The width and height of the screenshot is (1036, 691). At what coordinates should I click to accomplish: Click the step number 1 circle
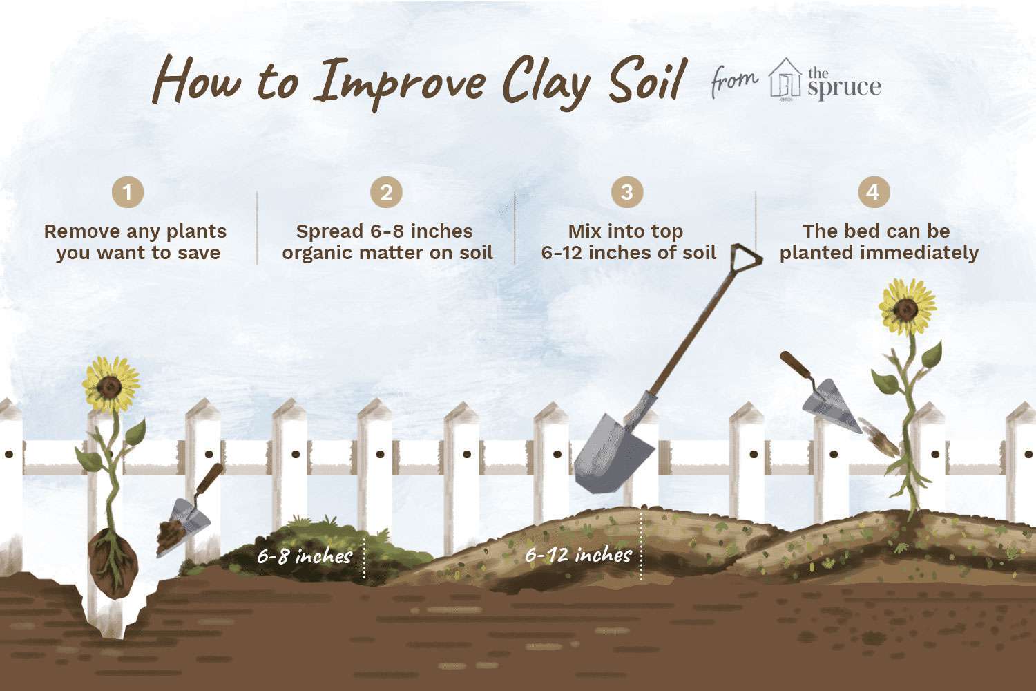(128, 191)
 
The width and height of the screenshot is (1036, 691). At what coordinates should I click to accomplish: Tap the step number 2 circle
(386, 191)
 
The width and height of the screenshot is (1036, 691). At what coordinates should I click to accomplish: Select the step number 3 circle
(627, 191)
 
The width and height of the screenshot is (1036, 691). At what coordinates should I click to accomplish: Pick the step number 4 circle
(874, 191)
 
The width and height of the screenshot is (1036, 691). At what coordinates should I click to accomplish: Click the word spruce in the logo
(844, 87)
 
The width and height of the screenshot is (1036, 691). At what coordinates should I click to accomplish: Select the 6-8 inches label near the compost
(305, 556)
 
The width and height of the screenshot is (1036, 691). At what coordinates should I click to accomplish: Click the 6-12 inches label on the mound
(578, 555)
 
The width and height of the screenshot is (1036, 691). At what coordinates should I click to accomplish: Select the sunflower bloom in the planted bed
(907, 307)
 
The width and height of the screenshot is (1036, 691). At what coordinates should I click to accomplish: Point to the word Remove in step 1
(78, 231)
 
